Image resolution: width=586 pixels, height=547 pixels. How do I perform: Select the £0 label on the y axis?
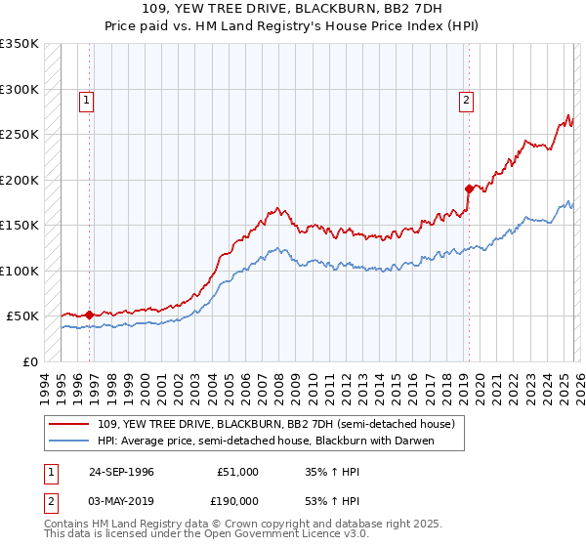29,361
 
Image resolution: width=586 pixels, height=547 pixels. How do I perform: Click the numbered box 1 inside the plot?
87,99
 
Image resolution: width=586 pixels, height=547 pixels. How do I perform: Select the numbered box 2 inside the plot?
467,99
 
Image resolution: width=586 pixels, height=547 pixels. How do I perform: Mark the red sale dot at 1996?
90,315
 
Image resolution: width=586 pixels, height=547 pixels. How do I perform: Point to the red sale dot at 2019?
469,189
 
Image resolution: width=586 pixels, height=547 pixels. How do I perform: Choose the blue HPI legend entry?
265,441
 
